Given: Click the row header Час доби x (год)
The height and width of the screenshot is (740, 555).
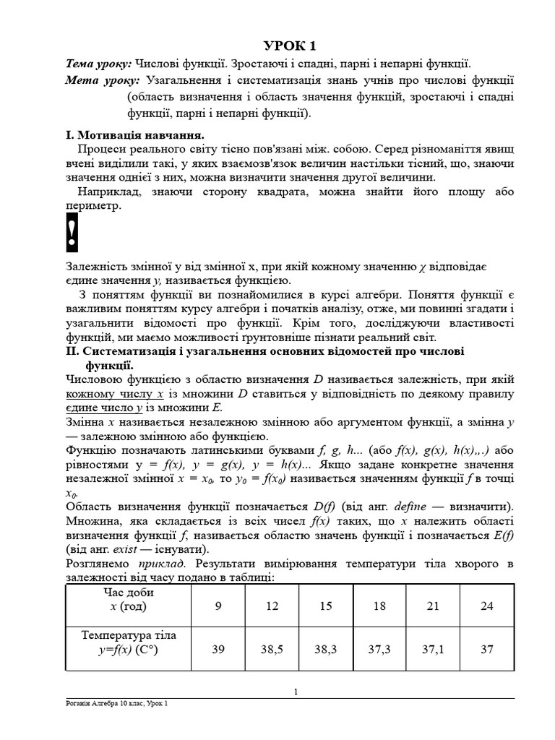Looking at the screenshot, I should coord(128,599).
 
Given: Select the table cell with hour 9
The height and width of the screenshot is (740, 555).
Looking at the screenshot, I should coord(218,606).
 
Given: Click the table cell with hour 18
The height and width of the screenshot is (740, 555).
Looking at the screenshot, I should coord(379,606).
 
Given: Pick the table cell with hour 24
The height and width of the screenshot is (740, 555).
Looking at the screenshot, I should coord(487,606).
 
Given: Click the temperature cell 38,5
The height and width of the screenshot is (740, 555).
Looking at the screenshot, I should coord(272,649).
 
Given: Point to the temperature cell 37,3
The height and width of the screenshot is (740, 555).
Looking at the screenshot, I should coord(379,649).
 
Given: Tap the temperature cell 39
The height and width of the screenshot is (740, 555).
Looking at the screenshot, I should coord(218,649).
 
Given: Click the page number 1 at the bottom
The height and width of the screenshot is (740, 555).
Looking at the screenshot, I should coord(296,692).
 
